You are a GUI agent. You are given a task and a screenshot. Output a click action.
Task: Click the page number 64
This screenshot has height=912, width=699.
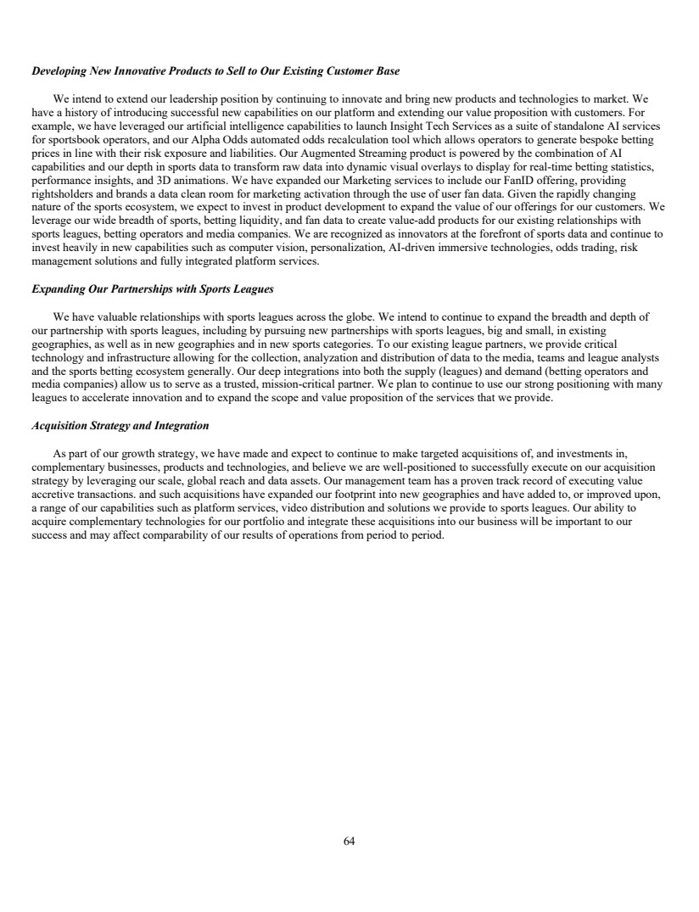pos(349,841)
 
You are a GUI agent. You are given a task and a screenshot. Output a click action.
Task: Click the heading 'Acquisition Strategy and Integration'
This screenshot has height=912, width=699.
pos(120,425)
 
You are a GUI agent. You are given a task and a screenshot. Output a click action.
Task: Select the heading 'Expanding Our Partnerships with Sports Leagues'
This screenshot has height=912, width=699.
pos(152,289)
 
